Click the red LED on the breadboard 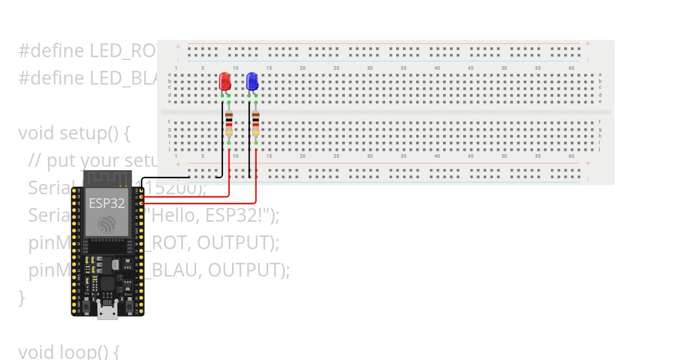pos(225,81)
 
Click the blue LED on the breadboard pos(252,81)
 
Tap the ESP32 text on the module pos(106,203)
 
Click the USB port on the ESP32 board pos(107,312)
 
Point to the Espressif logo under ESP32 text pos(107,225)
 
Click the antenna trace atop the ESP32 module pos(107,179)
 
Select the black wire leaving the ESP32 pos(171,178)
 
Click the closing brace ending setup pos(22,298)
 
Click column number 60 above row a pos(571,68)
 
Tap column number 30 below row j pos(370,156)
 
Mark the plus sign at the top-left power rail pos(178,47)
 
